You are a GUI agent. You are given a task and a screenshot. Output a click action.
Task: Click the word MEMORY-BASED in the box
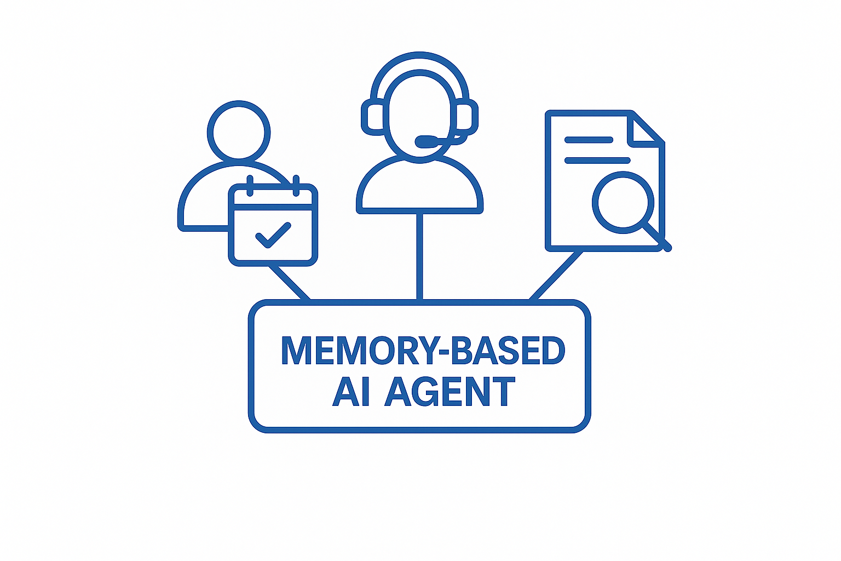(423, 351)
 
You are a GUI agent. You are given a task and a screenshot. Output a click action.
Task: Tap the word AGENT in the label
(450, 392)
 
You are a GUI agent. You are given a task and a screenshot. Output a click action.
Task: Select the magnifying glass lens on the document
(623, 202)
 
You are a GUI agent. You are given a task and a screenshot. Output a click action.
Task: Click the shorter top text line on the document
(589, 140)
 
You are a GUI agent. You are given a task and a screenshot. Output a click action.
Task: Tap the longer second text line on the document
(597, 161)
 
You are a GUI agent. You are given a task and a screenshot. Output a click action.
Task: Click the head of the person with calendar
(239, 132)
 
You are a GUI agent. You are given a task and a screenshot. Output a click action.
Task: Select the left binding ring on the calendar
(250, 186)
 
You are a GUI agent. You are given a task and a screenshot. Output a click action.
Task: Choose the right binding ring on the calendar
(296, 186)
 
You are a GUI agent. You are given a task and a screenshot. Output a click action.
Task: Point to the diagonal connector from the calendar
(289, 283)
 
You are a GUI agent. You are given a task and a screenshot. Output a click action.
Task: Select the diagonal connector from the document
(556, 276)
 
